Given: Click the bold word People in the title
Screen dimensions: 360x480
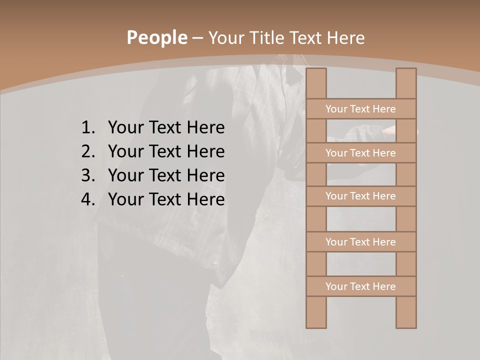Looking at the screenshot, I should pos(156,37).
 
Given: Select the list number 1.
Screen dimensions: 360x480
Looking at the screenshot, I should pos(87,127).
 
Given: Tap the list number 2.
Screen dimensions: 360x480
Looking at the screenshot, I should pos(87,151).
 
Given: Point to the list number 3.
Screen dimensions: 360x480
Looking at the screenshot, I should pos(87,175).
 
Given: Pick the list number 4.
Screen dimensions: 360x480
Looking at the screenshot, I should pos(87,199).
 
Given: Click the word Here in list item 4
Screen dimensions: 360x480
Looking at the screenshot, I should pos(205,199).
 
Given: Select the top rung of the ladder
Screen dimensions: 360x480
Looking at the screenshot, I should pos(360,109).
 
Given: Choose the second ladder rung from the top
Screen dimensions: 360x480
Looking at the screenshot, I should pos(360,153).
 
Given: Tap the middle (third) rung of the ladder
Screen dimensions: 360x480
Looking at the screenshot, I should pos(360,196).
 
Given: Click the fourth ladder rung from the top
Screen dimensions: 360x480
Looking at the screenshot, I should pos(360,242).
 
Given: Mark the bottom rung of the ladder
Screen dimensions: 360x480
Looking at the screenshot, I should pos(360,286).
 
